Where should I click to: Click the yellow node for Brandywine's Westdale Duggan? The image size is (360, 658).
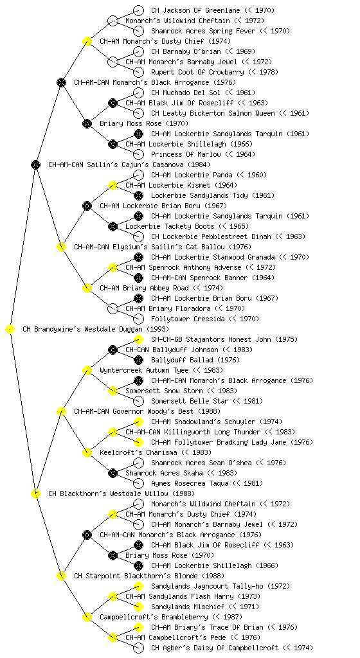10,330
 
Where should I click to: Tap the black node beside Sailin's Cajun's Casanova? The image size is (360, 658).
35,165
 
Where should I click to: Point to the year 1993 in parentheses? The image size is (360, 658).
157,330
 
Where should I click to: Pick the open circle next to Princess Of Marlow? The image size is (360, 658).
138,154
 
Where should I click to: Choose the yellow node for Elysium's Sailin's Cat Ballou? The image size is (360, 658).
61,247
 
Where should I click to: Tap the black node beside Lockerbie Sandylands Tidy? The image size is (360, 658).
138,195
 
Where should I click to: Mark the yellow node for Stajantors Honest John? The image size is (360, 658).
138,339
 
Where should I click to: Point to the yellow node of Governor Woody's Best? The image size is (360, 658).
61,412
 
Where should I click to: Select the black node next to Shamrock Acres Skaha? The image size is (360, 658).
113,474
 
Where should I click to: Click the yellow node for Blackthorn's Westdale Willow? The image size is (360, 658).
35,494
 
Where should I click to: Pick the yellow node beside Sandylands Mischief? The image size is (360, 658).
138,607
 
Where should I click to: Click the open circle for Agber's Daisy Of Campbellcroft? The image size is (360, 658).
138,648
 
